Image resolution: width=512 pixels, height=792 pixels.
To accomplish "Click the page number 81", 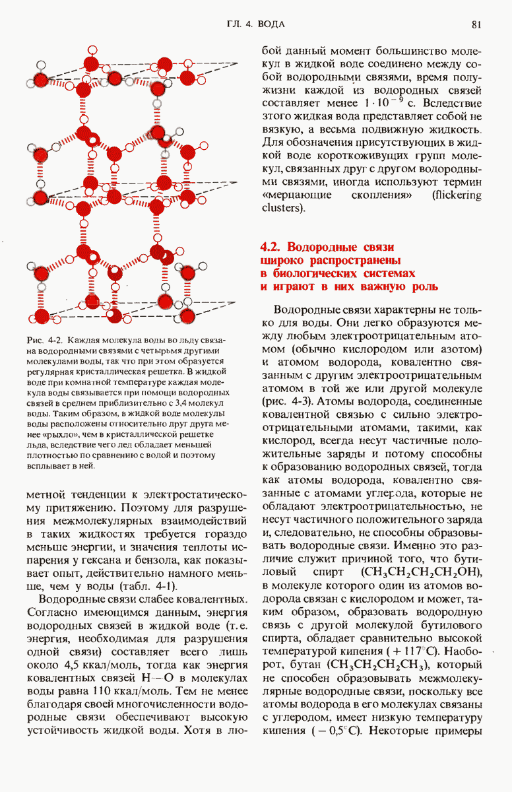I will pyautogui.click(x=478, y=24).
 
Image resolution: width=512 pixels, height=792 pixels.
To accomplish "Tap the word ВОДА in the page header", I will pyautogui.click(x=271, y=24).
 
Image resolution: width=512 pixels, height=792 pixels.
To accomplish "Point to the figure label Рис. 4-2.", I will pyautogui.click(x=44, y=341).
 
